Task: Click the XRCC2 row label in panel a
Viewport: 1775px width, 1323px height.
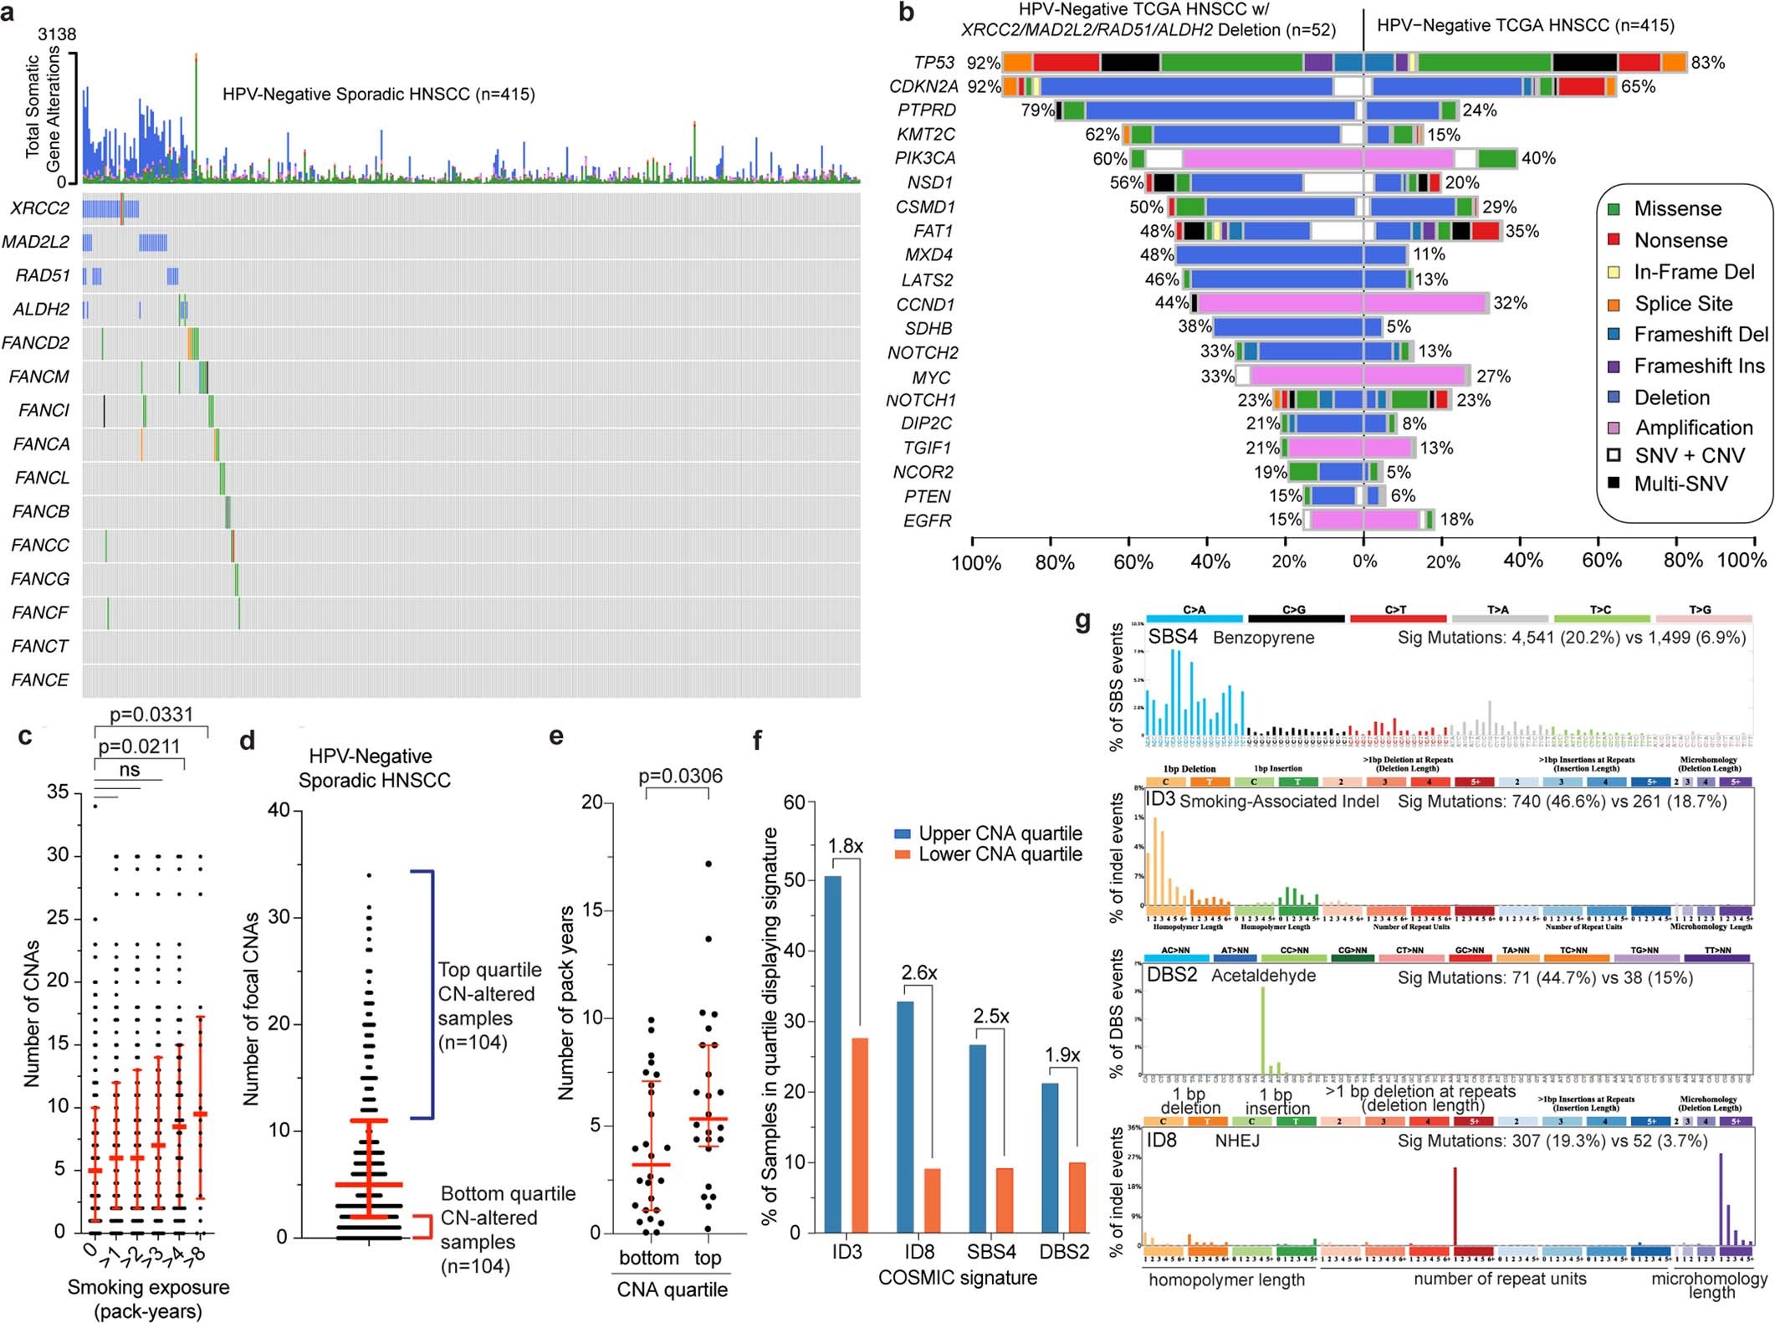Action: pyautogui.click(x=40, y=208)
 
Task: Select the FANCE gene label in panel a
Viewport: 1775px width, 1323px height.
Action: pyautogui.click(x=40, y=680)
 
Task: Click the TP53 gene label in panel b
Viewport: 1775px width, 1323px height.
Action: pyautogui.click(x=934, y=63)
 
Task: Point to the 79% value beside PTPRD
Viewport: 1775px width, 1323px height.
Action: pyautogui.click(x=1036, y=110)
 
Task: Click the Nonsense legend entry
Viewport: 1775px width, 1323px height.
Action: pyautogui.click(x=1680, y=241)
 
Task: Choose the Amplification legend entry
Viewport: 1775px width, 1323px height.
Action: pyautogui.click(x=1693, y=428)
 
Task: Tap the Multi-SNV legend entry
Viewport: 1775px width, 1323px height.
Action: pyautogui.click(x=1680, y=484)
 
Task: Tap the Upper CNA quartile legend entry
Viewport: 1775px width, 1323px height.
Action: pyautogui.click(x=1000, y=833)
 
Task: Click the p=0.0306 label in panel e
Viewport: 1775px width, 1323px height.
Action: pyautogui.click(x=681, y=776)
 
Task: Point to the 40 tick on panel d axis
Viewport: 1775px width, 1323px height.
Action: pyautogui.click(x=279, y=811)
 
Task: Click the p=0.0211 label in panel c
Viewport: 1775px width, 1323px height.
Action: pyautogui.click(x=139, y=746)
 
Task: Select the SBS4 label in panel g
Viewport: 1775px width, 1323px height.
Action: pyautogui.click(x=1173, y=637)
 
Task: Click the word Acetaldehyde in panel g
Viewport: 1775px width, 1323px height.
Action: pyautogui.click(x=1263, y=976)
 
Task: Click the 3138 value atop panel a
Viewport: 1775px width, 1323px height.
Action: pyautogui.click(x=56, y=34)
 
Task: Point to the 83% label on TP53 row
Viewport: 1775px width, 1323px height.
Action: pyautogui.click(x=1707, y=63)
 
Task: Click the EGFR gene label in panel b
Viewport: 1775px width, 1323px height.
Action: pyautogui.click(x=927, y=520)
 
